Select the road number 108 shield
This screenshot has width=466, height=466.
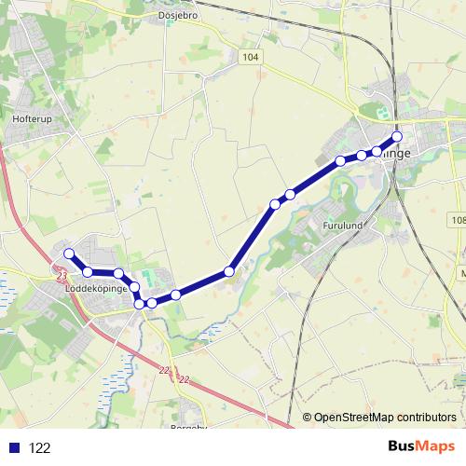pos(457,220)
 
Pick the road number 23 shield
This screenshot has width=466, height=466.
pos(62,276)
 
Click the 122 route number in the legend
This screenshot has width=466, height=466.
pos(40,448)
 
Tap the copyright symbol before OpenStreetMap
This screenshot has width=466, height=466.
pos(307,418)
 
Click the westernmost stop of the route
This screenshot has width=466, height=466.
pos(68,254)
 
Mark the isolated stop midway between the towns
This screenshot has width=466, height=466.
pos(229,272)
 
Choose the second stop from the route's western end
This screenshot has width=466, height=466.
pos(88,271)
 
